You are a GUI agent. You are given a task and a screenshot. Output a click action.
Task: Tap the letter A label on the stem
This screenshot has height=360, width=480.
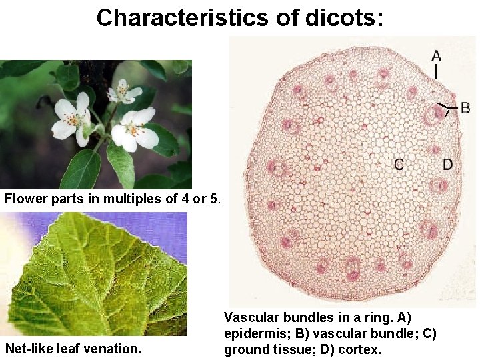[x=435, y=55]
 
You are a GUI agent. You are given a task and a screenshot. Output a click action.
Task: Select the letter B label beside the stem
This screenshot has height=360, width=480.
[x=465, y=107]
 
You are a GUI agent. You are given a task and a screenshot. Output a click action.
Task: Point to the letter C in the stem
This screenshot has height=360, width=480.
[x=399, y=164]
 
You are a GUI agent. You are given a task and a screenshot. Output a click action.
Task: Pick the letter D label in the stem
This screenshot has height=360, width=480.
[x=447, y=164]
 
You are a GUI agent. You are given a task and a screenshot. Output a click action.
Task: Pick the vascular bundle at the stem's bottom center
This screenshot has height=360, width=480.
[x=353, y=269]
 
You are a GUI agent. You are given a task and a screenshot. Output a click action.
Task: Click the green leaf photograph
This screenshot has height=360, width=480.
[x=93, y=273]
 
